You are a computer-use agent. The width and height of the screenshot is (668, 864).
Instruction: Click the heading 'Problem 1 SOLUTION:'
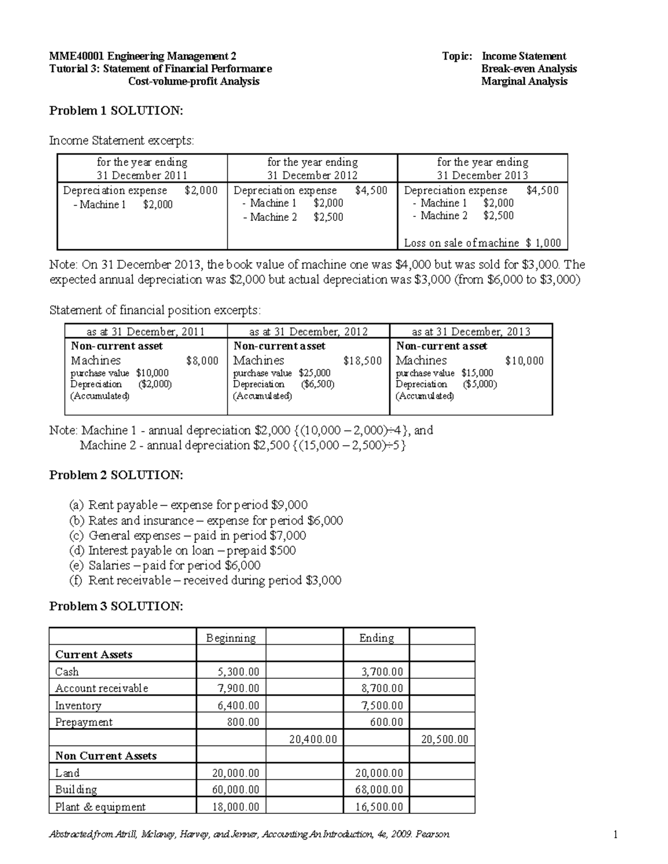(116, 111)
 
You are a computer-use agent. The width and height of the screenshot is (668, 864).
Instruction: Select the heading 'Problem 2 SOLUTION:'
(116, 475)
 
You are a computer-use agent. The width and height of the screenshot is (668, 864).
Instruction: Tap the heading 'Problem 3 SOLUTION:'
(116, 606)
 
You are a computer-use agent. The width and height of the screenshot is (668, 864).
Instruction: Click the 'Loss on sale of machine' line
(482, 243)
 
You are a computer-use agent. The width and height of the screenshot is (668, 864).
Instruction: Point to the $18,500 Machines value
(362, 361)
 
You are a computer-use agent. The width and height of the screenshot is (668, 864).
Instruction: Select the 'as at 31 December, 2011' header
(146, 332)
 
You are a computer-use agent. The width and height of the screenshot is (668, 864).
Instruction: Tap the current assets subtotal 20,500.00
(444, 739)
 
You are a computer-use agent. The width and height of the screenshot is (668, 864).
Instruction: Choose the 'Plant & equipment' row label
(100, 807)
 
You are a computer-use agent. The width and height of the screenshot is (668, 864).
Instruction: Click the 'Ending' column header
(376, 638)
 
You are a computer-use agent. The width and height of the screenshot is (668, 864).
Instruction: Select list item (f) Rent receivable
(214, 580)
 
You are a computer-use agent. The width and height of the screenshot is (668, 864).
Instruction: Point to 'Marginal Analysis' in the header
(524, 81)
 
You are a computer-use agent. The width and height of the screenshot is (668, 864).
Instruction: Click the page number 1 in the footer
(615, 834)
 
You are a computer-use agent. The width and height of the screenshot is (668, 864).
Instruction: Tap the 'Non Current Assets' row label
(106, 756)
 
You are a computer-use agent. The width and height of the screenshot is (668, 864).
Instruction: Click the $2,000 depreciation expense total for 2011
(201, 190)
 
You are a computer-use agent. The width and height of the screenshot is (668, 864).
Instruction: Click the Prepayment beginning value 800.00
(243, 722)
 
